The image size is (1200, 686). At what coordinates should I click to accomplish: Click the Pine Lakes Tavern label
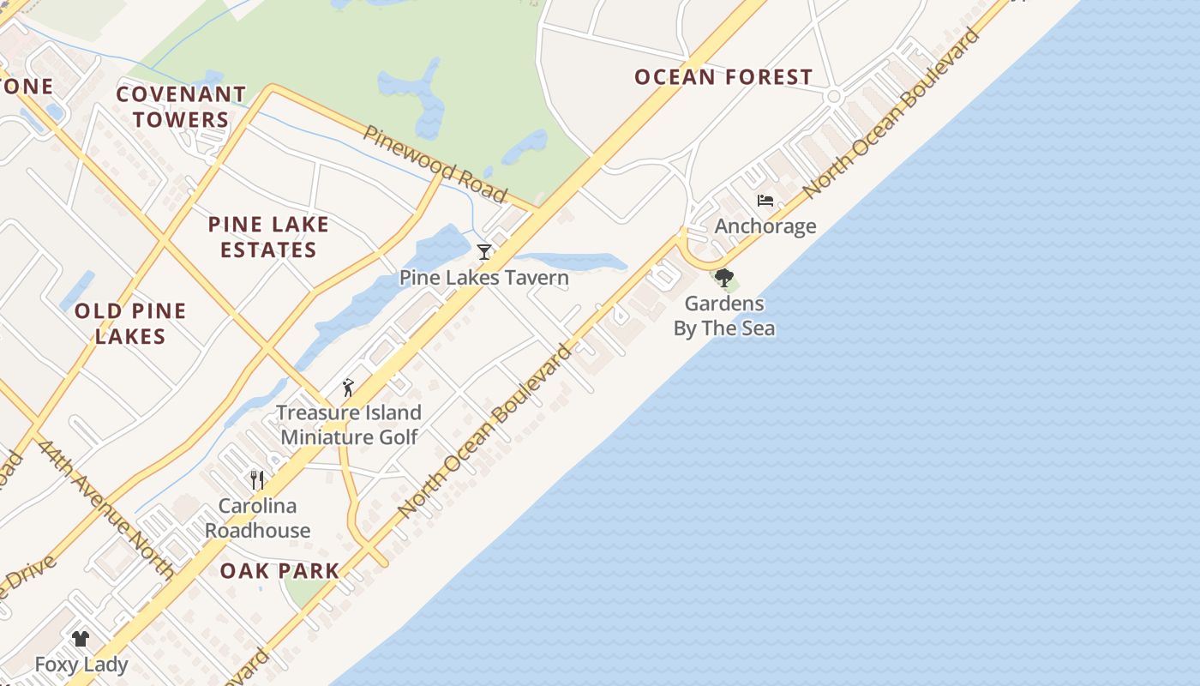(x=483, y=278)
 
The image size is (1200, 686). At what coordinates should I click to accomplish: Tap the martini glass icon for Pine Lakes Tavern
(x=484, y=251)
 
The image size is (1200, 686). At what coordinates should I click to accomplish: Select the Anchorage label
(x=765, y=226)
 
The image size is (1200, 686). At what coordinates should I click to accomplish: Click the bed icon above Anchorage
(x=765, y=201)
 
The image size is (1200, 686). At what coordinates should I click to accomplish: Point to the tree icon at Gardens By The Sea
(x=724, y=278)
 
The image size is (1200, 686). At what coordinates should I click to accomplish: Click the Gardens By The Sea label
(x=724, y=316)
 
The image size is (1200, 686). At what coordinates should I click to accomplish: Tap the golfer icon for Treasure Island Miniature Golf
(x=348, y=388)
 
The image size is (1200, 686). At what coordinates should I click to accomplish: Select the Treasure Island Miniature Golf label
(x=349, y=424)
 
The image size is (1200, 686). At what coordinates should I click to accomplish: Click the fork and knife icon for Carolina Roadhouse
(x=256, y=479)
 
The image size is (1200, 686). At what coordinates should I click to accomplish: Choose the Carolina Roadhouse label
(x=257, y=518)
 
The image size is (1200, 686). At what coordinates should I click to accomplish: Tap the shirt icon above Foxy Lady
(x=81, y=638)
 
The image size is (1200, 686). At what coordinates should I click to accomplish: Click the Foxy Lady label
(x=81, y=665)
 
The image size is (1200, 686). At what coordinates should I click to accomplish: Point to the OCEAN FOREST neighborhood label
(x=723, y=77)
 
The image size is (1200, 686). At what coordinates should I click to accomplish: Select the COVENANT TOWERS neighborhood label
(x=181, y=106)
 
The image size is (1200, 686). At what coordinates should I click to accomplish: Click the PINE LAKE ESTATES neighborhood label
(x=268, y=237)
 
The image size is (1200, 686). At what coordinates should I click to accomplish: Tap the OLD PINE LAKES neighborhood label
(x=130, y=323)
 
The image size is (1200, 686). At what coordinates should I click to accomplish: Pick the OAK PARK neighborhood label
(x=279, y=571)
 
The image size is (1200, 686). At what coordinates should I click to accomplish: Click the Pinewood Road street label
(x=435, y=163)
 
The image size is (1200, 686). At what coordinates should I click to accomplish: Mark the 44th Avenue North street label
(x=105, y=509)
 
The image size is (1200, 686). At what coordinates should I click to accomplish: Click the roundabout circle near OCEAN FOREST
(x=833, y=97)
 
